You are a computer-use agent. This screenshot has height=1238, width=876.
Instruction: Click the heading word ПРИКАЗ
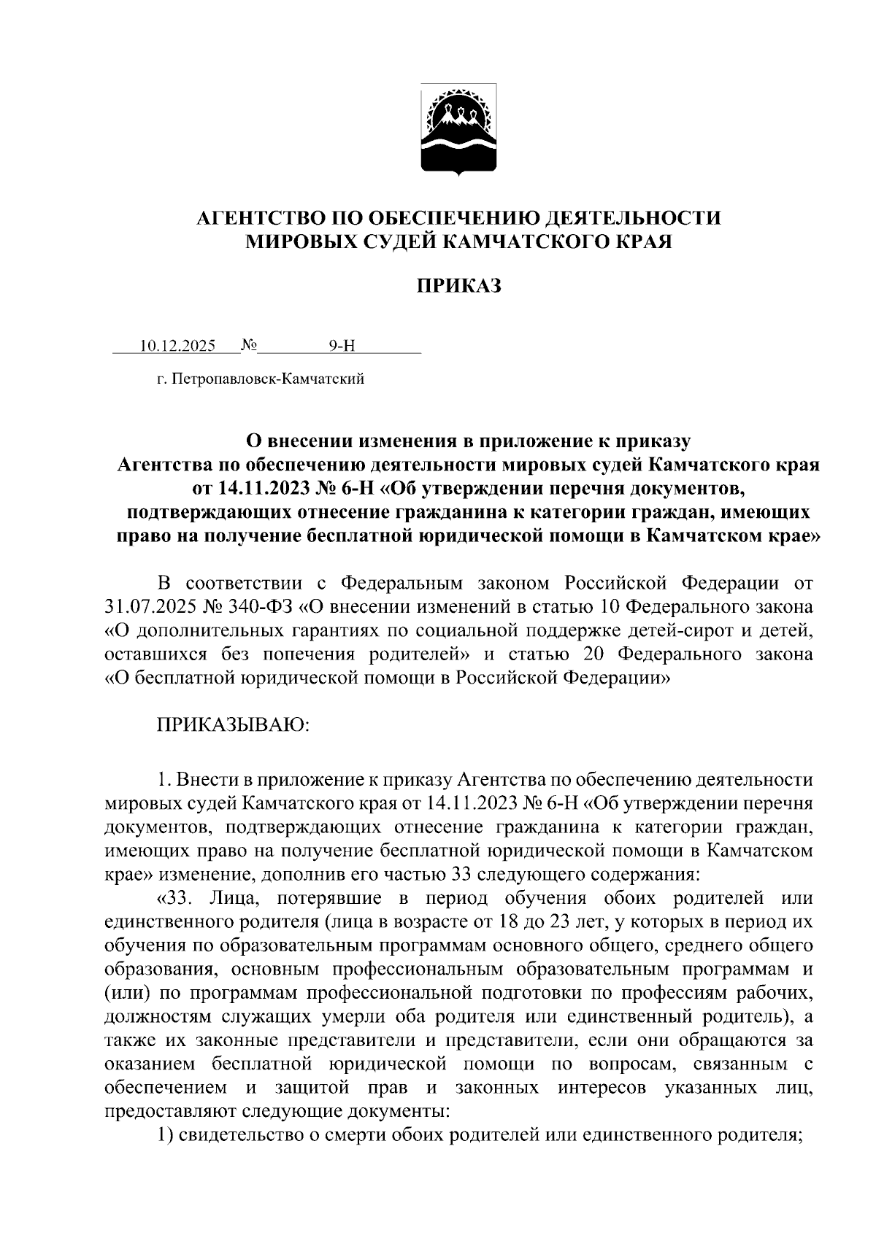click(x=459, y=286)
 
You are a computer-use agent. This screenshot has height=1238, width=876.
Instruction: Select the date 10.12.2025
click(x=177, y=346)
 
